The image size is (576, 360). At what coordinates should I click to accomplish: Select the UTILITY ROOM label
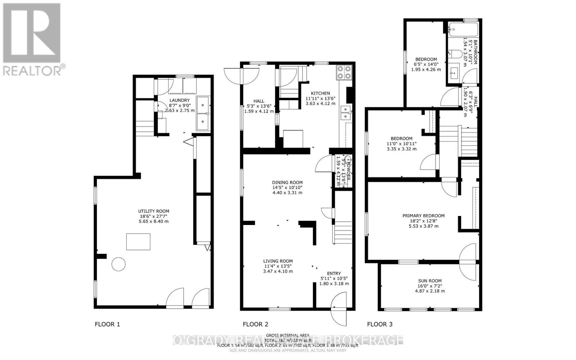point(154,211)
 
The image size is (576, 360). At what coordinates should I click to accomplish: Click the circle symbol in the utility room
point(118,264)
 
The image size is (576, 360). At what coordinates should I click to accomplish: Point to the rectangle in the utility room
point(138,242)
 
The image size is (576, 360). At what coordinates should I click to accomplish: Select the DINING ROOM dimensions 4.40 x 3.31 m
point(287,193)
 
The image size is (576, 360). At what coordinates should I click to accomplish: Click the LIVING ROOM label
point(278,261)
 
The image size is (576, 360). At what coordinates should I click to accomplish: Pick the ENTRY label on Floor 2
point(334,273)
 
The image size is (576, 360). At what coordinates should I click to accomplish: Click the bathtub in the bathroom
point(463,29)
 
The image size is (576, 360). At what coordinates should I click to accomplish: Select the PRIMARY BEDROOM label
point(423,216)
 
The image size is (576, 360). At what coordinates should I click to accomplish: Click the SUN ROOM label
point(430,281)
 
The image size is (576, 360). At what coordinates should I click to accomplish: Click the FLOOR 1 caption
point(107,324)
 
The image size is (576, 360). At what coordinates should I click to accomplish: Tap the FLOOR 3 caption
point(380,324)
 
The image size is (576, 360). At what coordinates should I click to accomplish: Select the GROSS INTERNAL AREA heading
point(287,335)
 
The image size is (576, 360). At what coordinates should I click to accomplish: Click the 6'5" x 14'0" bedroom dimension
point(426,64)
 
